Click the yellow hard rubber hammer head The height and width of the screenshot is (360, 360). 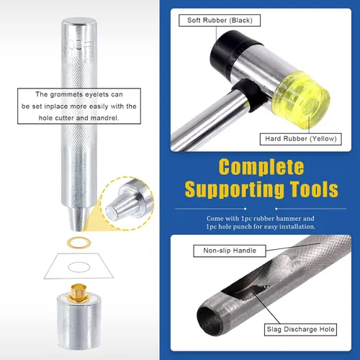pyautogui.click(x=302, y=99)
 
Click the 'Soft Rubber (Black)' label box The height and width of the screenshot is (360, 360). pyautogui.click(x=220, y=20)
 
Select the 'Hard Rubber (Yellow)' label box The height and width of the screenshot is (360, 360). pyautogui.click(x=301, y=139)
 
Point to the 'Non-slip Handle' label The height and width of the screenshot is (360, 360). pyautogui.click(x=230, y=251)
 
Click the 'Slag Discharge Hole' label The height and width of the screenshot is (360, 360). pyautogui.click(x=300, y=330)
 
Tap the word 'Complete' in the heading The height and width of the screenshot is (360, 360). pyautogui.click(x=261, y=168)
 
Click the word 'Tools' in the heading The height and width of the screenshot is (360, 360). pyautogui.click(x=314, y=189)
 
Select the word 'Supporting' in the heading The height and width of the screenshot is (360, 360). pyautogui.click(x=235, y=190)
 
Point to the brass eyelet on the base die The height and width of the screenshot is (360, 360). pyautogui.click(x=77, y=292)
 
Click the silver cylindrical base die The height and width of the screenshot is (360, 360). pyautogui.click(x=78, y=322)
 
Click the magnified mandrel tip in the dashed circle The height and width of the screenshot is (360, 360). pyautogui.click(x=128, y=204)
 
